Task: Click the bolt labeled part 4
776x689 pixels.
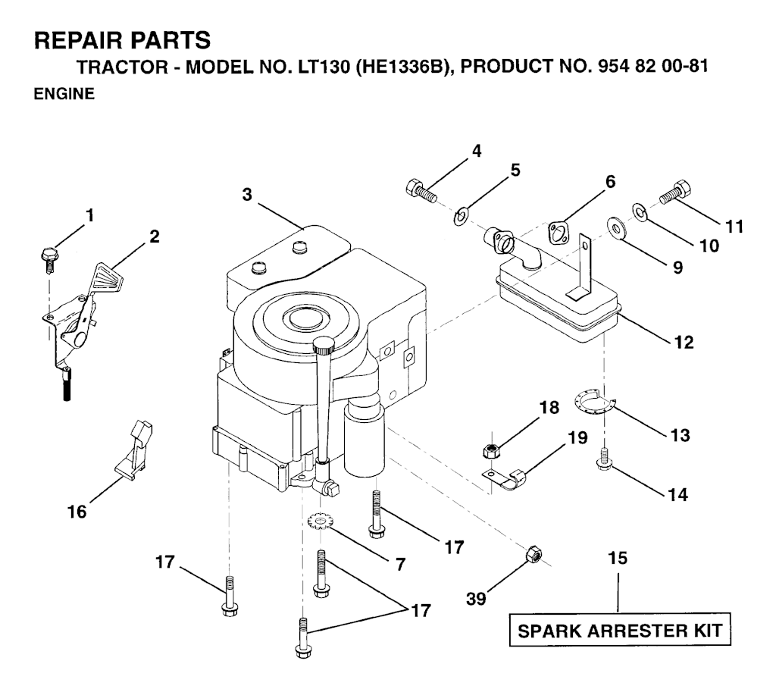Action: pos(421,192)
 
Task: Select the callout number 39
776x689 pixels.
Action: pos(477,599)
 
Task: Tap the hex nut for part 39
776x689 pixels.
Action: pos(533,553)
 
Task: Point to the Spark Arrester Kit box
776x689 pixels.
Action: pos(620,630)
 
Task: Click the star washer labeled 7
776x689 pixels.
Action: pos(320,522)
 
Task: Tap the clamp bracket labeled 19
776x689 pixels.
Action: pos(505,478)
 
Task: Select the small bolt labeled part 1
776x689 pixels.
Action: pos(48,259)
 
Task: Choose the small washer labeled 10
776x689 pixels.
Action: pos(641,211)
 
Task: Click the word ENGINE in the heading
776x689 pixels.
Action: pos(64,93)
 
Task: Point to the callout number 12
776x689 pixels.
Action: pos(684,343)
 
